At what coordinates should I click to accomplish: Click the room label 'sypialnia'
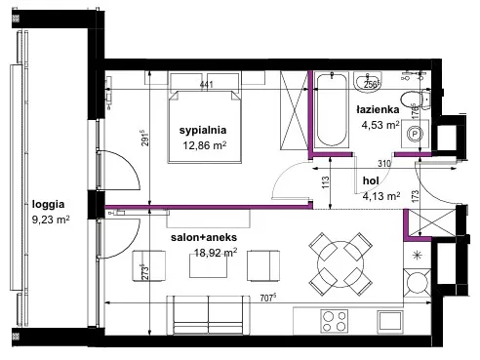click(203, 131)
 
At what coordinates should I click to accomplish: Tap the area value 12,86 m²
click(204, 145)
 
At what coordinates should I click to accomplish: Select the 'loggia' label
click(48, 205)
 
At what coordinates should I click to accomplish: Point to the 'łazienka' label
click(378, 109)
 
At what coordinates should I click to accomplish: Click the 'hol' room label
click(371, 180)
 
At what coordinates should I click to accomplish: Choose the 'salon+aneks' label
click(204, 237)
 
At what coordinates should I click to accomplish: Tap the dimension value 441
click(206, 85)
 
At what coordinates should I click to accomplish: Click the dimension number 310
click(384, 163)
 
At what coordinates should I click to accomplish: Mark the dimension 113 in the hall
click(326, 182)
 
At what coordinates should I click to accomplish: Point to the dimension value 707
click(267, 298)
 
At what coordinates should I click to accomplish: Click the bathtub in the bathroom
click(332, 109)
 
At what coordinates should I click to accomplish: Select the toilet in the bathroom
click(416, 100)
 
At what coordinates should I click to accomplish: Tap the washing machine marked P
click(415, 134)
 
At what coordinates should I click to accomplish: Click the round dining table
click(340, 264)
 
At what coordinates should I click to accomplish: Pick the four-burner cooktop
click(335, 321)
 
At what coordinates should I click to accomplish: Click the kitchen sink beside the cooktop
click(390, 322)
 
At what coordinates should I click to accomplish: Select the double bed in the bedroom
click(204, 127)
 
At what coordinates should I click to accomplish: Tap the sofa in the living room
click(208, 315)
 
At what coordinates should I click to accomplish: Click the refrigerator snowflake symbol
click(417, 256)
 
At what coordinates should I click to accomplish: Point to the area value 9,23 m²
click(51, 220)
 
